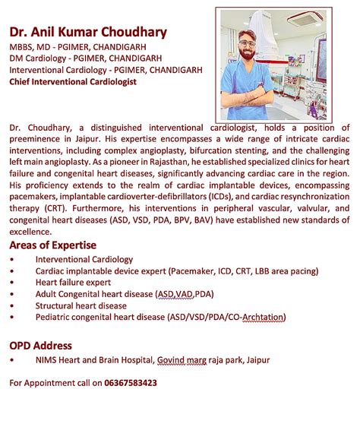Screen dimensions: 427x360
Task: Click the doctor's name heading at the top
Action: [x=88, y=33]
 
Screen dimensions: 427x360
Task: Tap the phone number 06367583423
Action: [x=131, y=383]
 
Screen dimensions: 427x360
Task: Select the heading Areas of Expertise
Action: [x=52, y=245]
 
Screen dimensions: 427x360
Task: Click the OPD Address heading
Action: [x=40, y=345]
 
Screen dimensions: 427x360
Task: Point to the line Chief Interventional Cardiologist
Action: [x=73, y=81]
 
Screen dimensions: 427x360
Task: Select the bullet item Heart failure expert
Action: [x=73, y=282]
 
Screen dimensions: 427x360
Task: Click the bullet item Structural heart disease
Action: [x=81, y=305]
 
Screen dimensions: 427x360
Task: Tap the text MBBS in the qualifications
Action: [x=22, y=45]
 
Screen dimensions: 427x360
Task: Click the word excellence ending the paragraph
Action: [x=30, y=231]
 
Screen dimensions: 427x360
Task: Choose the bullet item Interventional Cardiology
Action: [x=84, y=259]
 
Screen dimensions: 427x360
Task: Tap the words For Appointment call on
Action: [x=55, y=383]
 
